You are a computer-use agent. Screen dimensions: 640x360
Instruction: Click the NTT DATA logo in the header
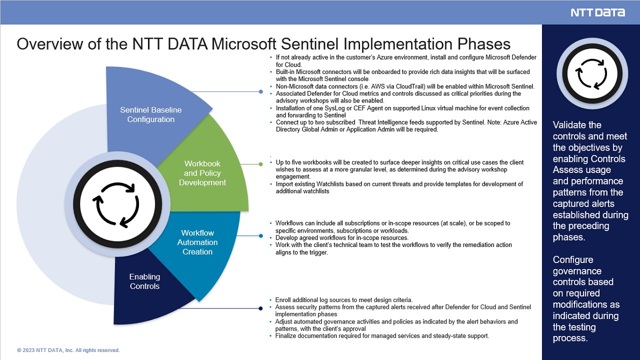[x=597, y=12]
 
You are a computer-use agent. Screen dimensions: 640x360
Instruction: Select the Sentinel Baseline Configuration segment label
[x=151, y=114]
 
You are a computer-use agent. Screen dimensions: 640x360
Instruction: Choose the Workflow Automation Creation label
[x=197, y=242]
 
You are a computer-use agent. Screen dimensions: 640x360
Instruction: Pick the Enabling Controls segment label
[x=144, y=281]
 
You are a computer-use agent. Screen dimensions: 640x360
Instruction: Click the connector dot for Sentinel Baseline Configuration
[x=261, y=91]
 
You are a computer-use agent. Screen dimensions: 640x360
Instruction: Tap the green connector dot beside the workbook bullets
[x=260, y=164]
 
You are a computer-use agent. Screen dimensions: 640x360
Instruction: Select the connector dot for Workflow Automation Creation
[x=261, y=236]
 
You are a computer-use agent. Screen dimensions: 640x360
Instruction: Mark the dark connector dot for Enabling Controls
[x=260, y=308]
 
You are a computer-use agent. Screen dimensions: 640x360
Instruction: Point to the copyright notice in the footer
[x=68, y=350]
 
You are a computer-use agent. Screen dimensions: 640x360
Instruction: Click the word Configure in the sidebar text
[x=573, y=259]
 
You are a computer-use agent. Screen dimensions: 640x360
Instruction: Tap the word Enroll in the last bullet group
[x=282, y=300]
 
